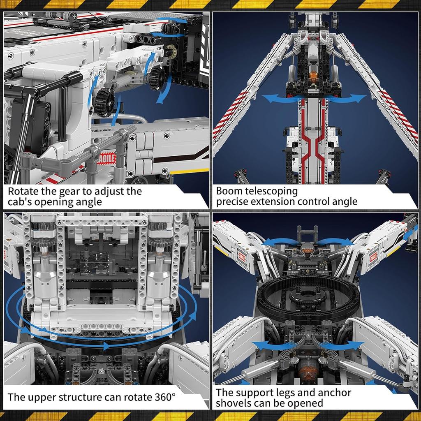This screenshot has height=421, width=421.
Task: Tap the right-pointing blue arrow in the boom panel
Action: [x=349, y=98]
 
